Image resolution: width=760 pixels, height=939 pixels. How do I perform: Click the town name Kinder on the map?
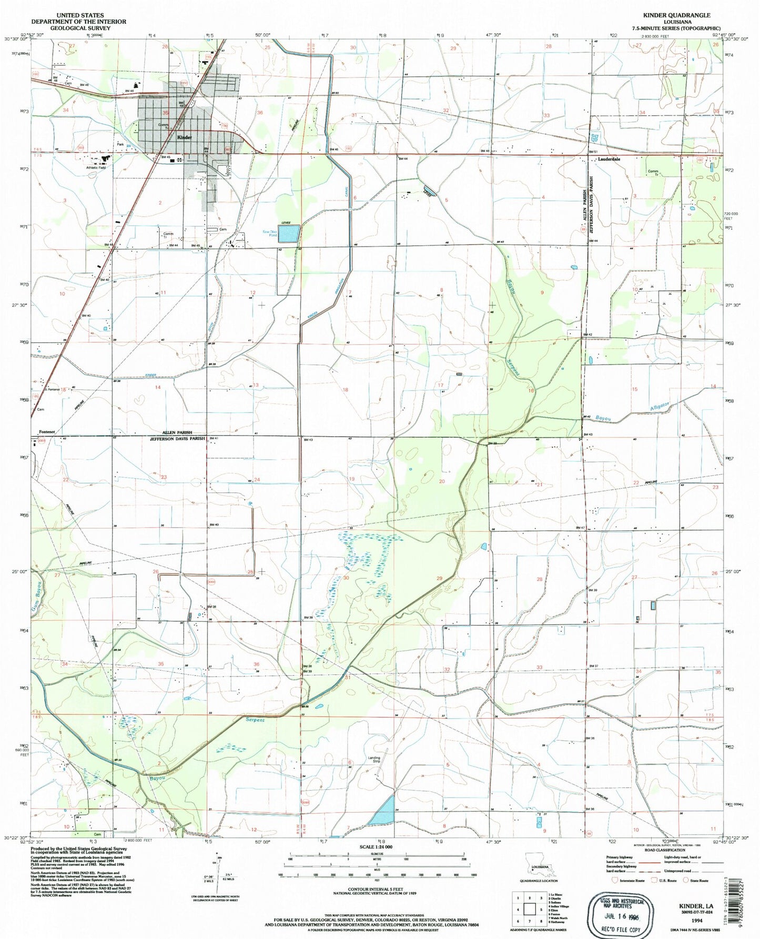click(185, 137)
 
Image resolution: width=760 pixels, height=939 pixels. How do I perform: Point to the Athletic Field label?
click(96, 168)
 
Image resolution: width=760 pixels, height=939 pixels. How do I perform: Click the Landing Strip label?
click(373, 759)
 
